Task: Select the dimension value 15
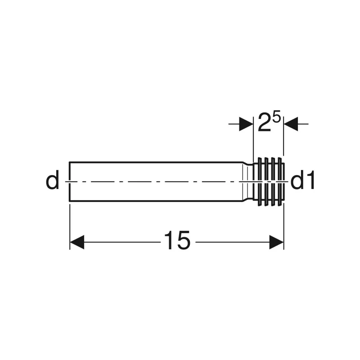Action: (x=177, y=240)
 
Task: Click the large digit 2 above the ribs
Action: (x=264, y=122)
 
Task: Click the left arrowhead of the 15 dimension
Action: (x=77, y=242)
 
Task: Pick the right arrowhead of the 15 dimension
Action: (x=277, y=242)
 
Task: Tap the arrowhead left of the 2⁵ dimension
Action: (x=246, y=124)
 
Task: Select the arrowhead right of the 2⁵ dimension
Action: (x=291, y=124)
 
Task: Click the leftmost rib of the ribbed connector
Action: (x=260, y=182)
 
